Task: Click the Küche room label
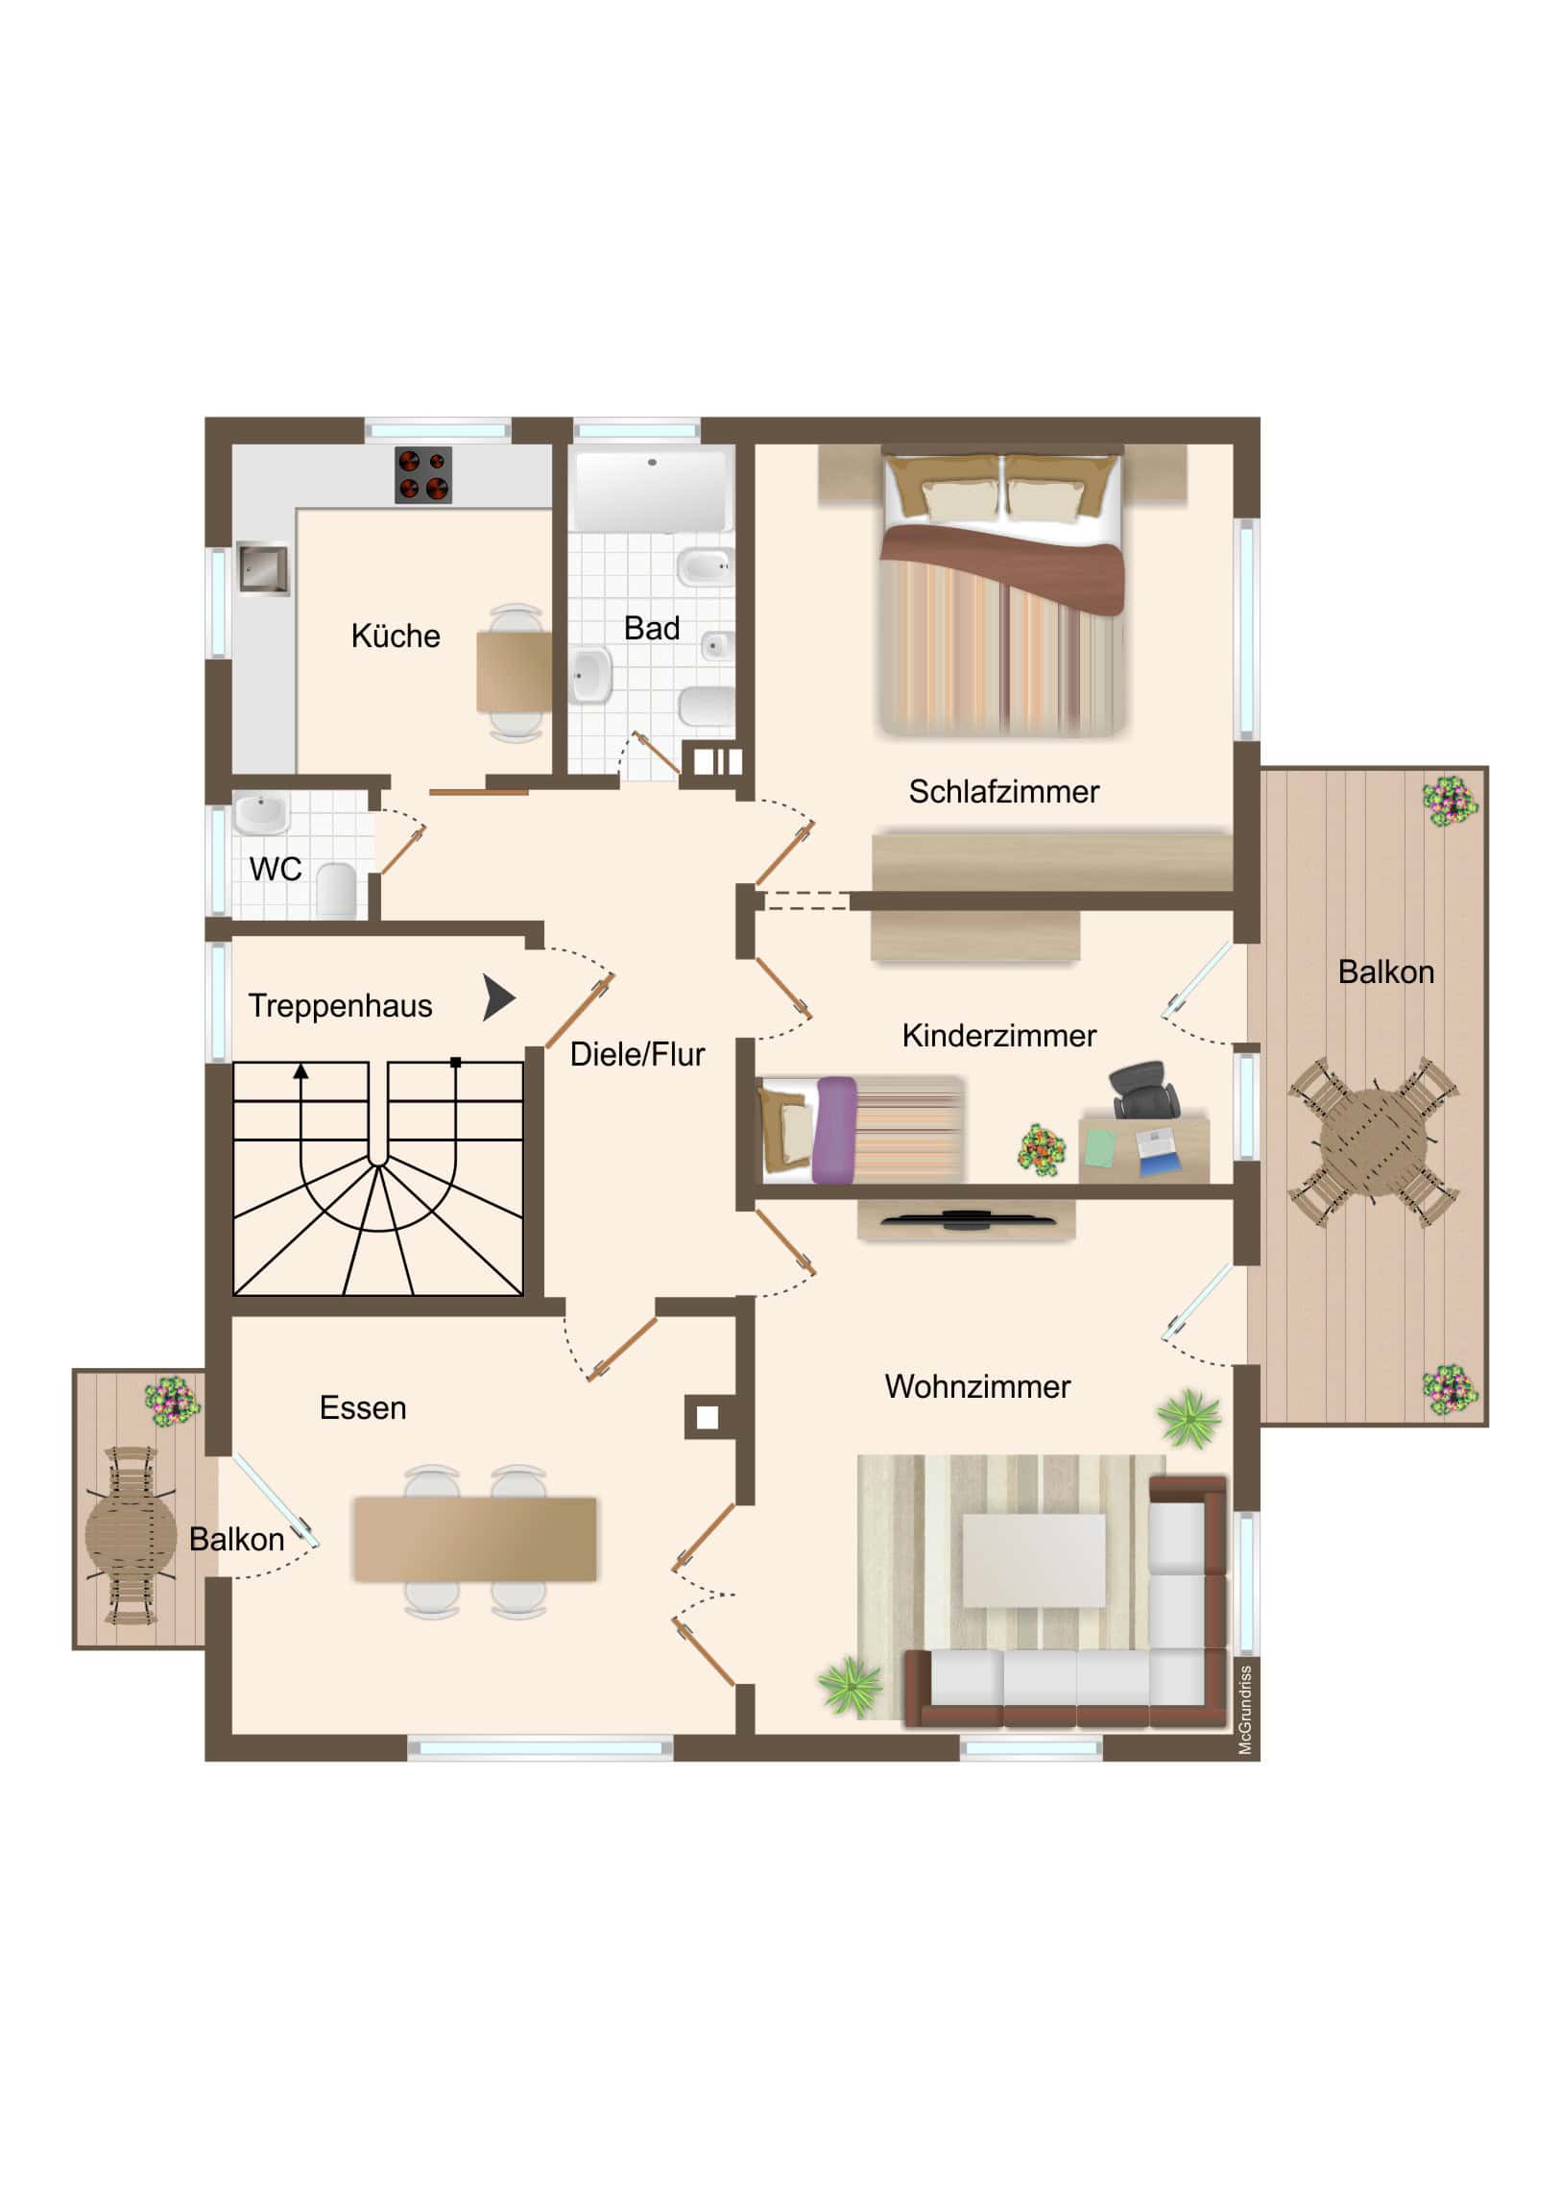click(x=396, y=636)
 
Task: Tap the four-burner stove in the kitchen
click(x=423, y=475)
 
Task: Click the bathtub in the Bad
click(x=651, y=491)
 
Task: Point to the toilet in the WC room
click(x=336, y=889)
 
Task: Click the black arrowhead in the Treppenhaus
click(x=499, y=998)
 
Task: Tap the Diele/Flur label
click(x=636, y=1054)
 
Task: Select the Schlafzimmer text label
click(x=1003, y=791)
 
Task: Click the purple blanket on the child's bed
click(x=834, y=1131)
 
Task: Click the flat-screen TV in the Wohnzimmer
click(x=966, y=1220)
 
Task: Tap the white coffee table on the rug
click(x=1034, y=1560)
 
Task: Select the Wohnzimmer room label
click(x=977, y=1387)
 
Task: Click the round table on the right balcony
click(x=1373, y=1140)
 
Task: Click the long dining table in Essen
click(x=475, y=1539)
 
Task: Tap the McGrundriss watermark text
click(x=1244, y=1711)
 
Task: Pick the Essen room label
click(x=363, y=1408)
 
